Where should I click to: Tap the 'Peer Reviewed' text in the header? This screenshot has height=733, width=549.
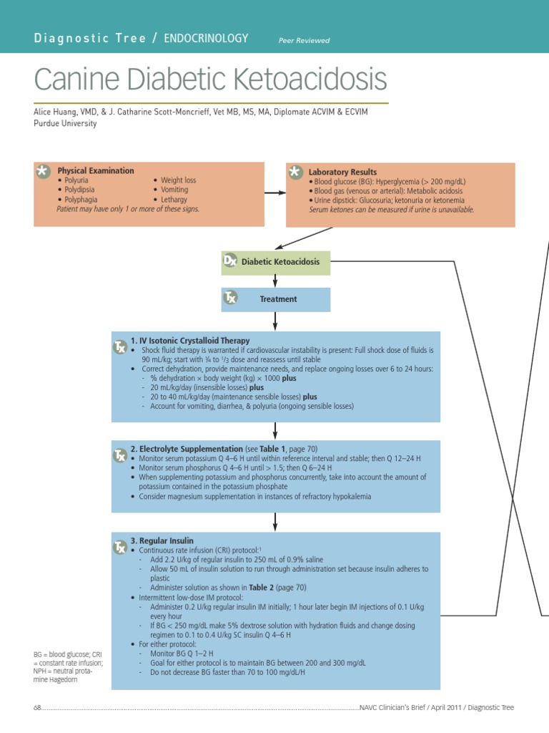pos(304,41)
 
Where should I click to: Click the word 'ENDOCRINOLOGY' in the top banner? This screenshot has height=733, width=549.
pos(206,39)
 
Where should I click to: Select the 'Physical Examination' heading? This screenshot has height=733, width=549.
pos(95,170)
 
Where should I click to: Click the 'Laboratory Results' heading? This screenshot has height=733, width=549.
pos(342,172)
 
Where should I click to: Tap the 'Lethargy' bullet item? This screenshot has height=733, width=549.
pos(174,200)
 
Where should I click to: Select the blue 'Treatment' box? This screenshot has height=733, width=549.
pos(278,299)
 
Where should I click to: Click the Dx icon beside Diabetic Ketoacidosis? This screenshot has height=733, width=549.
pos(229,261)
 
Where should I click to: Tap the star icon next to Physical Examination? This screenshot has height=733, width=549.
pos(44,171)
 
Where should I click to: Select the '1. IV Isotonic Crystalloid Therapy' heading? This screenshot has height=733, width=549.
pos(190,341)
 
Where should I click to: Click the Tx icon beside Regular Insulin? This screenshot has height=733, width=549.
pos(120,548)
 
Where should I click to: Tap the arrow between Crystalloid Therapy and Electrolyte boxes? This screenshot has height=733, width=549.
pos(275,430)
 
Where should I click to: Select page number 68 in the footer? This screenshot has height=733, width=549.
pos(37,707)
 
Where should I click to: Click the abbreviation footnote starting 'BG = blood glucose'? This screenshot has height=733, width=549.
pos(68,667)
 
